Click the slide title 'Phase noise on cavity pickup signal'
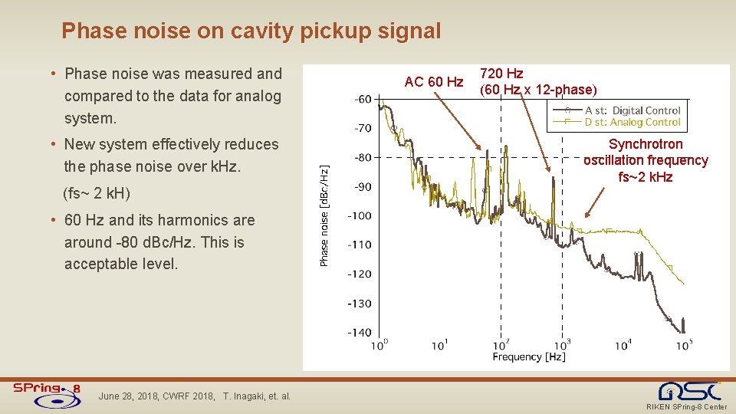251,31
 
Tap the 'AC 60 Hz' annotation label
434,82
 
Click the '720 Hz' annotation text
501,74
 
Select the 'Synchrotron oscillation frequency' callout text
646,153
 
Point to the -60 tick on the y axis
363,99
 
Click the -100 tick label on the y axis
360,215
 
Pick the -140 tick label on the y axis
360,332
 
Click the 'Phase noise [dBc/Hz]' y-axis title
324,215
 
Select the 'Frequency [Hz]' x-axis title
528,356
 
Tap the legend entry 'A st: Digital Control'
632,111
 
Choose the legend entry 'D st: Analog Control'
632,122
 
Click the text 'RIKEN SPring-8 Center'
687,407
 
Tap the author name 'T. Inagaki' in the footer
245,396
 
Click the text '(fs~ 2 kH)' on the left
97,192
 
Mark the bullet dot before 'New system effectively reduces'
52,145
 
